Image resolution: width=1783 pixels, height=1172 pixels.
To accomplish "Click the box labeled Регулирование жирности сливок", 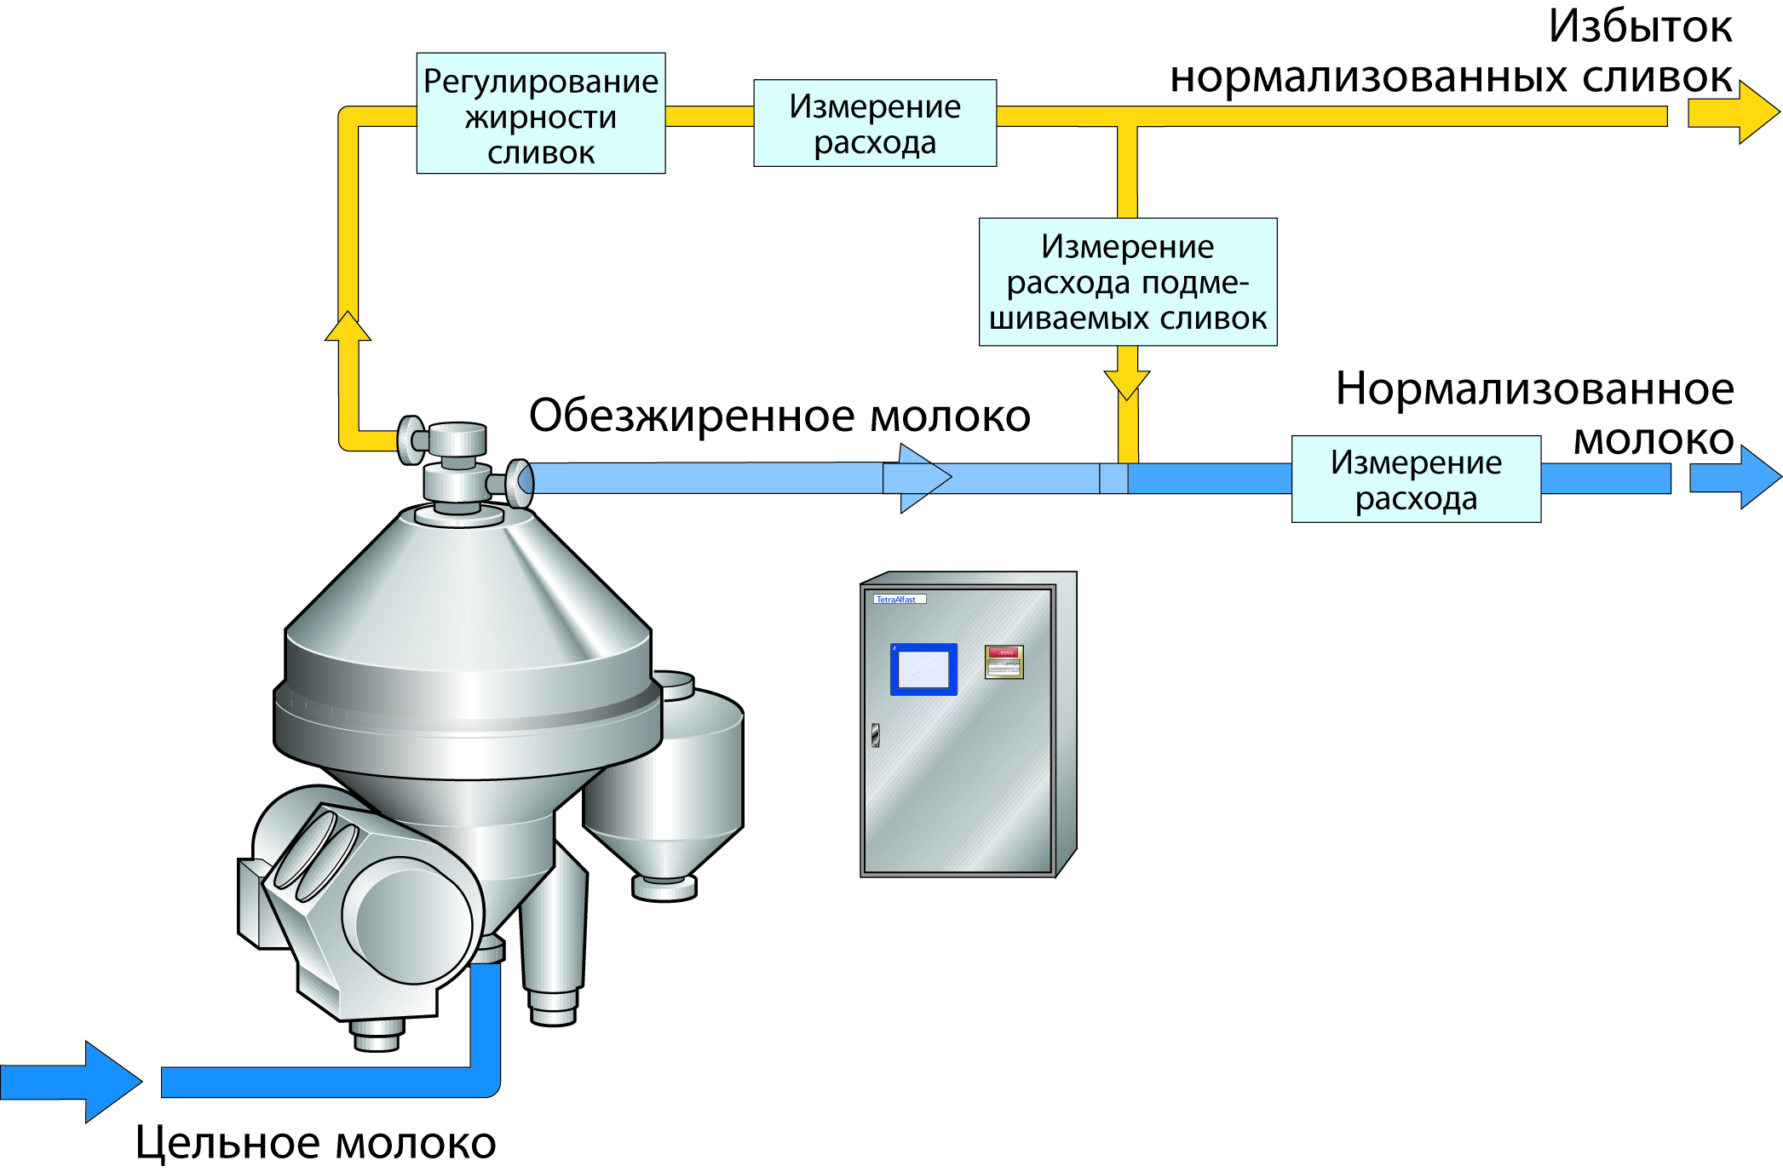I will tap(540, 113).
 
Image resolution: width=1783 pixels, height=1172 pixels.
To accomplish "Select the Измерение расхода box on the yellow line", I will tap(874, 123).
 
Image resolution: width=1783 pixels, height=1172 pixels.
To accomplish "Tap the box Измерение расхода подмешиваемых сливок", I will tap(1127, 282).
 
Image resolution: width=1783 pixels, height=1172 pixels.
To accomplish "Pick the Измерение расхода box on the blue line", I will tap(1415, 479).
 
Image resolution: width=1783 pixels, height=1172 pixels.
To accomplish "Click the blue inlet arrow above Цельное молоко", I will tap(77, 1082).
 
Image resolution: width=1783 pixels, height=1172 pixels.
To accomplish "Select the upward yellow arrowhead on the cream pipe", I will tap(348, 328).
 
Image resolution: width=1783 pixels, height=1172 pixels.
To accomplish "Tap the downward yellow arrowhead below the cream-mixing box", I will tap(1126, 382).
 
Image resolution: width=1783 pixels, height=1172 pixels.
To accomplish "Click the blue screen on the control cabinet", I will tap(923, 669).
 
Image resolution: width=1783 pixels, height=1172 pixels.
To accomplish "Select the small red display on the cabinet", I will tap(1004, 662).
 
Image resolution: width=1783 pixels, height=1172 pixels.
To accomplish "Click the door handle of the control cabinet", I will tap(875, 735).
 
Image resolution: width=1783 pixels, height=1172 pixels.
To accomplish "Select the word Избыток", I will tap(1639, 27).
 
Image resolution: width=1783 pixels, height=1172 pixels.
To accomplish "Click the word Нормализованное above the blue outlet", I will tap(1533, 389).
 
